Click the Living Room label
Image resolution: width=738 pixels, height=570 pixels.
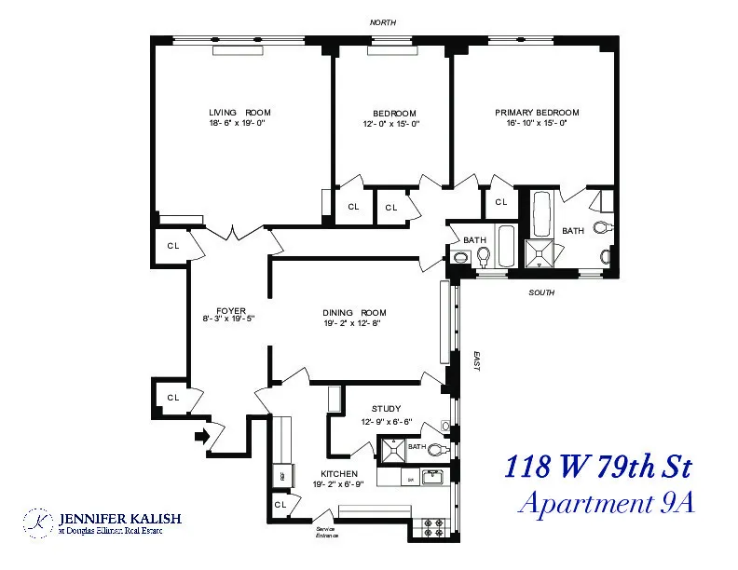pos(239,113)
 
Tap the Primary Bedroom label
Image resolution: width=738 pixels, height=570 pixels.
pos(537,113)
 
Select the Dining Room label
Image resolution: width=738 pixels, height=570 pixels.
pos(354,312)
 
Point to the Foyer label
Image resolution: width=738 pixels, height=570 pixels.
pos(230,310)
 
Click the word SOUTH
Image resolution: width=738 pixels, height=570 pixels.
pos(541,292)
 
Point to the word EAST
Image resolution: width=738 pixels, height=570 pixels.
pos(474,361)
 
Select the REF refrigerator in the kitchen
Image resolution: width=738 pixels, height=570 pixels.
pos(283,475)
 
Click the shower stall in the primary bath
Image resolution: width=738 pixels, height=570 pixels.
pos(538,253)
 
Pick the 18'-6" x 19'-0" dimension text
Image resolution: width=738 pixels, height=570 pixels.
pos(239,123)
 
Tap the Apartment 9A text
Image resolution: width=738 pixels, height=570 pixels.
pos(606,503)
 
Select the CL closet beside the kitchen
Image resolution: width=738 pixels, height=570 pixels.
pos(280,504)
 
